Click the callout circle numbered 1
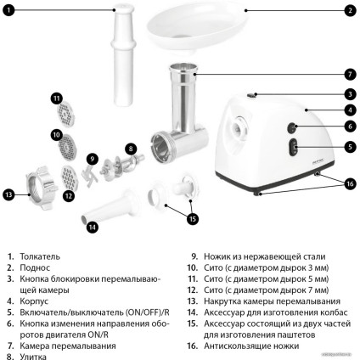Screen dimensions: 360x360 coord(8,11)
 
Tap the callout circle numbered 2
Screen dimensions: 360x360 coord(349,11)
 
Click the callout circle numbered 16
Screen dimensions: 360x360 coord(349,183)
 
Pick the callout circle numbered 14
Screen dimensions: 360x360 coord(92,227)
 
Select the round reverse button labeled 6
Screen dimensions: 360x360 coord(291,128)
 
